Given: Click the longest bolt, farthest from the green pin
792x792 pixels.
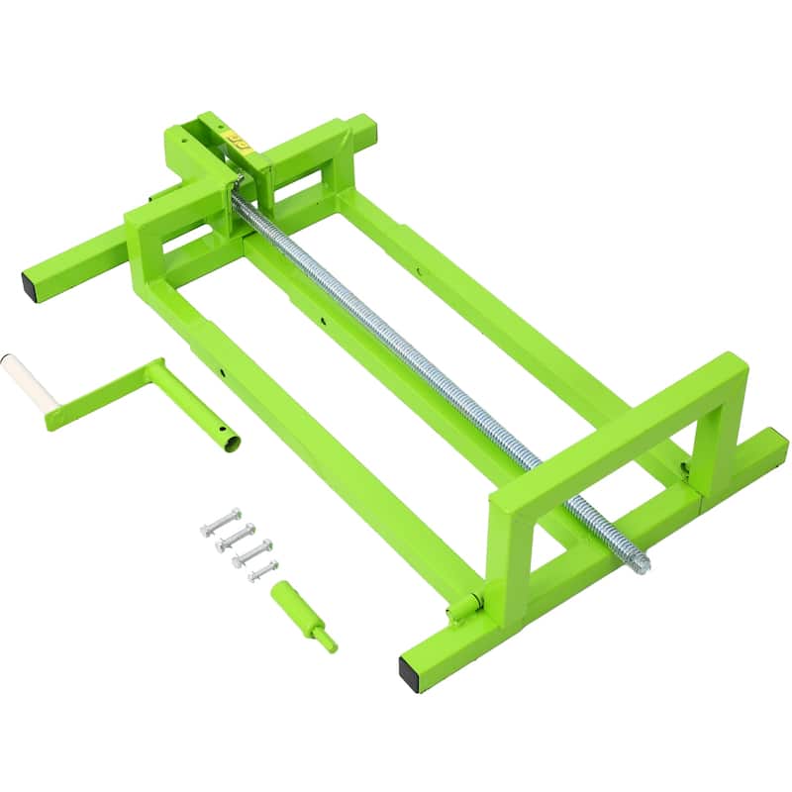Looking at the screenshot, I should point(220,522).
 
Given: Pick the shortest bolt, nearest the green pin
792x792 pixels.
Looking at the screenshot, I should point(262,570).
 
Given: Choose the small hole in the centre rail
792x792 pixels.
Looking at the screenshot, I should point(323,319).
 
